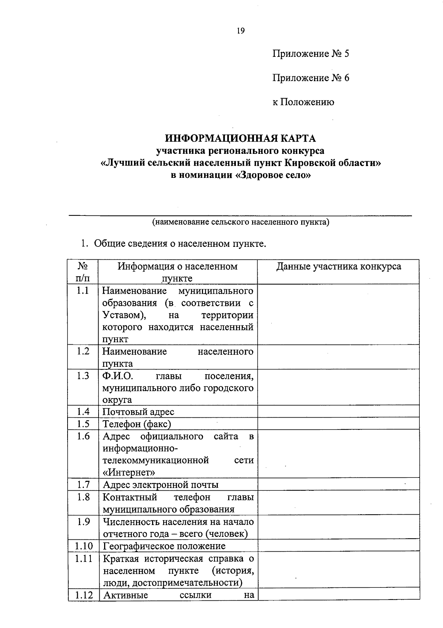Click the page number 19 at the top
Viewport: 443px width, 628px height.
pos(240,31)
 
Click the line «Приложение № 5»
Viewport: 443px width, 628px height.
pos(310,54)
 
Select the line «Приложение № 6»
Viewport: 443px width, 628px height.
pos(310,78)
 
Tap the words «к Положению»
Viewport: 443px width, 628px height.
pos(303,102)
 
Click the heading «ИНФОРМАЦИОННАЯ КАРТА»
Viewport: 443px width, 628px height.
pos(240,138)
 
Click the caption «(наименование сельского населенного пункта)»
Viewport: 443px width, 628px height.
pos(240,222)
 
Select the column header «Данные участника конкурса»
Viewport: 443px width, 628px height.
pos(339,267)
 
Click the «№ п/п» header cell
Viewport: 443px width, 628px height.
pos(83,272)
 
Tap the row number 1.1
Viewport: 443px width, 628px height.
pos(83,291)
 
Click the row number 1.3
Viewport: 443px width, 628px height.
pos(83,376)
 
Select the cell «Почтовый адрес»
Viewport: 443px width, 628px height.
pos(138,412)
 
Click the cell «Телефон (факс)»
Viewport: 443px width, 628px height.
pos(137,424)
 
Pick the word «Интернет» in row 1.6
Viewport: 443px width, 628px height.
pos(129,472)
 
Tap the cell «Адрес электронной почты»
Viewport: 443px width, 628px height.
pos(161,485)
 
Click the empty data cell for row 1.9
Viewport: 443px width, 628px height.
pos(339,528)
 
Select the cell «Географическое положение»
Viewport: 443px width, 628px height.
pos(164,546)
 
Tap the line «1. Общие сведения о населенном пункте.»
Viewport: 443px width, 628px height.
pos(174,244)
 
